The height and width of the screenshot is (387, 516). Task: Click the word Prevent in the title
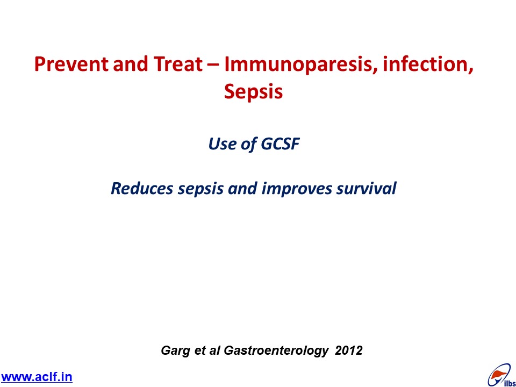pyautogui.click(x=71, y=64)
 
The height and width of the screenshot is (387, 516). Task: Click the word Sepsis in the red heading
pyautogui.click(x=253, y=91)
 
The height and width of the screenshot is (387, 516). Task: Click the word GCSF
pyautogui.click(x=280, y=144)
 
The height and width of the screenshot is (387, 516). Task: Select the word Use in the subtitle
pyautogui.click(x=222, y=144)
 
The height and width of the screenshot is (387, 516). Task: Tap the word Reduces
pyautogui.click(x=142, y=188)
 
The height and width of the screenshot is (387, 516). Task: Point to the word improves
pyautogui.click(x=297, y=189)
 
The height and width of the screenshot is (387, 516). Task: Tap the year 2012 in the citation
pyautogui.click(x=348, y=350)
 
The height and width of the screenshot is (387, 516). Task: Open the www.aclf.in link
pyautogui.click(x=36, y=377)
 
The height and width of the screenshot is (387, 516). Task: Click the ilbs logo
pyautogui.click(x=501, y=375)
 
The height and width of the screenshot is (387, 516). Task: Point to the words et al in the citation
pyautogui.click(x=207, y=350)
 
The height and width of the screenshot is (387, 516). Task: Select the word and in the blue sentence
pyautogui.click(x=243, y=188)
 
